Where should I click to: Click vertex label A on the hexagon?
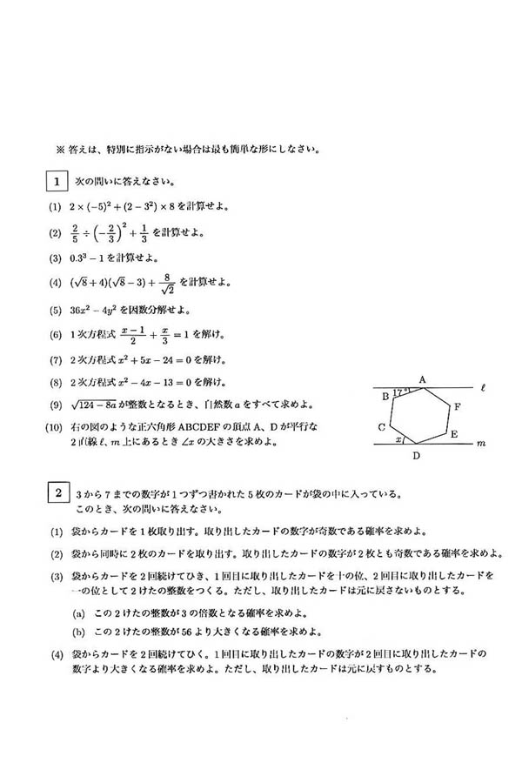[x=421, y=379]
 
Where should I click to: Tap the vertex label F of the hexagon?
[x=457, y=406]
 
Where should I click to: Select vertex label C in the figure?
[x=380, y=427]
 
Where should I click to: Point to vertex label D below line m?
[x=416, y=455]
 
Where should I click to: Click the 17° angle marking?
[x=400, y=392]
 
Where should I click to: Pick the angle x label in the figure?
[x=398, y=440]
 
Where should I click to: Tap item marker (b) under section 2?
[x=79, y=631]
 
